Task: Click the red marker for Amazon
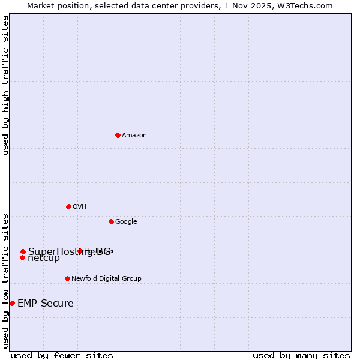[x=118, y=135]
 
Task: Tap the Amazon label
[x=134, y=136]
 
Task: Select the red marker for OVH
[x=68, y=206]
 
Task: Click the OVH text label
[x=80, y=207]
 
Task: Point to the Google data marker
[x=111, y=221]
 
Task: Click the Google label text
[x=126, y=222]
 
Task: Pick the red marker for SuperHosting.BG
[x=23, y=251]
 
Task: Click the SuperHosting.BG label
[x=69, y=252]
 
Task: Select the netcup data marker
[x=22, y=257]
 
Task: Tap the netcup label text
[x=44, y=259]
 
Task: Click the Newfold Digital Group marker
[x=67, y=278]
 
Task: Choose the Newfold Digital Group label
[x=106, y=279]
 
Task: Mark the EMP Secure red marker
[x=12, y=303]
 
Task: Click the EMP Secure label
[x=46, y=304]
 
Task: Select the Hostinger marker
[x=80, y=251]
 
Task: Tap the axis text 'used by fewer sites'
[x=62, y=355]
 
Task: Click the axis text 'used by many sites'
[x=301, y=355]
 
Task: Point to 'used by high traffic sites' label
[x=6, y=85]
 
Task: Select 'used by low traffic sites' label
[x=6, y=280]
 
